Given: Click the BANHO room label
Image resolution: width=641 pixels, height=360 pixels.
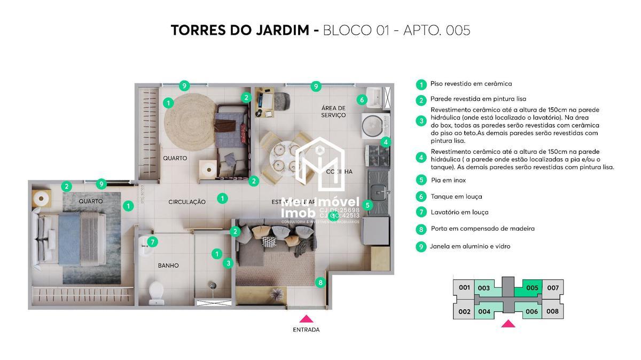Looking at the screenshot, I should [x=168, y=265].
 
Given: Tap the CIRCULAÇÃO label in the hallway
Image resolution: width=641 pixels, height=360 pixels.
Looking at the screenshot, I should [x=187, y=202].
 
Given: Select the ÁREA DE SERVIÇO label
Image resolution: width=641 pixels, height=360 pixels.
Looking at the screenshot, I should [x=333, y=112].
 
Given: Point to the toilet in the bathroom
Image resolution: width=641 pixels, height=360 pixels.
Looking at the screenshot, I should [x=156, y=291].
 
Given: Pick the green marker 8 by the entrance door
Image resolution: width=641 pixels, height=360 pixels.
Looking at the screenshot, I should [x=320, y=283].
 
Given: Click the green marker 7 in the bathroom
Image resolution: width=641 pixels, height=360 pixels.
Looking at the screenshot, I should [x=152, y=242].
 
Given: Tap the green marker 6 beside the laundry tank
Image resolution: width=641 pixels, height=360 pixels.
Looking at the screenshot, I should [x=362, y=99].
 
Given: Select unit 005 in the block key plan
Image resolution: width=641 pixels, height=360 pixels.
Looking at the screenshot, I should [x=532, y=288].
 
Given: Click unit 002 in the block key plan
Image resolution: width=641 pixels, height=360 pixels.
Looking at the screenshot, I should [x=464, y=311].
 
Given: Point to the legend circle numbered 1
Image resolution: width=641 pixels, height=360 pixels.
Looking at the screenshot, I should [x=421, y=84].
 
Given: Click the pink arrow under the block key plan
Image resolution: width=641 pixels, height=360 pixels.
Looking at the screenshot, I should [x=508, y=324].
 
